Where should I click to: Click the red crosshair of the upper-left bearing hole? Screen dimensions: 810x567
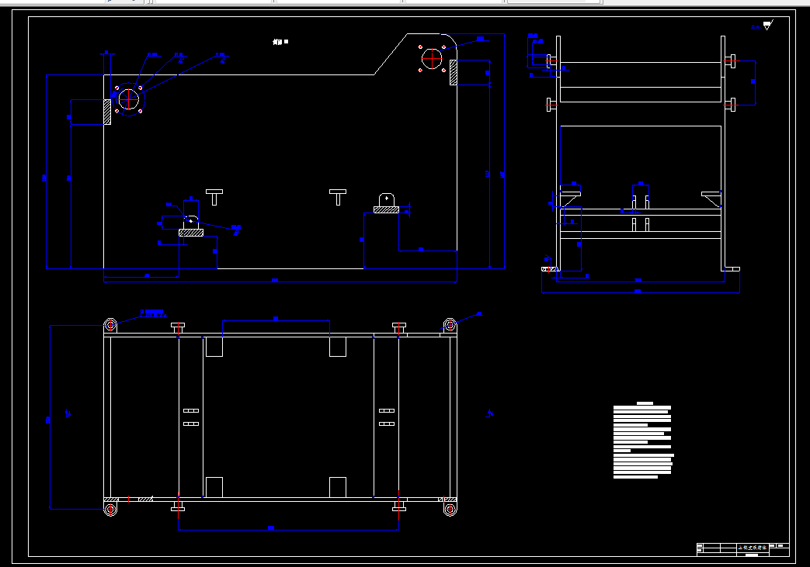(128, 99)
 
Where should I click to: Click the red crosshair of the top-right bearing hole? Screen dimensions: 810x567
(432, 59)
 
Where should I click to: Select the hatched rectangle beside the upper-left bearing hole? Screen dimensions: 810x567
(108, 111)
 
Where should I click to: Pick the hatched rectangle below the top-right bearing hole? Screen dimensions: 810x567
(453, 72)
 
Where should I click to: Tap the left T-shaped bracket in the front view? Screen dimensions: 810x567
(214, 195)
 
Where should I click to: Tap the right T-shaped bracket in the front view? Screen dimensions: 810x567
(338, 195)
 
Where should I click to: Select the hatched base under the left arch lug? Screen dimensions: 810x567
(190, 232)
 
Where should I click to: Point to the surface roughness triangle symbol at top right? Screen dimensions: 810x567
(767, 26)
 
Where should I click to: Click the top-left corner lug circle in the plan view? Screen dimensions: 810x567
(110, 325)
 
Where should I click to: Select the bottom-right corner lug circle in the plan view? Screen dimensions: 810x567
(450, 509)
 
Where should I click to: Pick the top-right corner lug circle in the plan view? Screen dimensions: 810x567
(450, 324)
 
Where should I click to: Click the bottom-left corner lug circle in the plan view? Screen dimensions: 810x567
(110, 509)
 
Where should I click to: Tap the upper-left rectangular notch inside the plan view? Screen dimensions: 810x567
(214, 347)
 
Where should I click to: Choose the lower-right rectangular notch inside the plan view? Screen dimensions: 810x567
(338, 487)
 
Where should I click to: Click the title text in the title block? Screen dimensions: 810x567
(751, 548)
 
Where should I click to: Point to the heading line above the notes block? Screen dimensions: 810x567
(645, 403)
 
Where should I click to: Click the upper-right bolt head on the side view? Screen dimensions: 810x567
(731, 61)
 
